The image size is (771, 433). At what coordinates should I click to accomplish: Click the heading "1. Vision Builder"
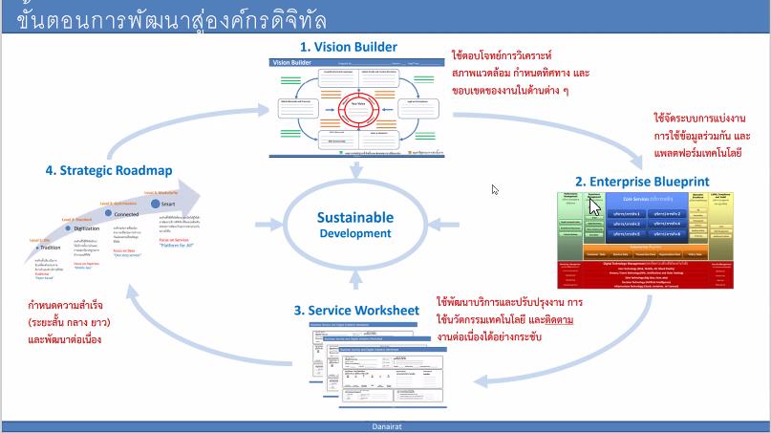tap(349, 46)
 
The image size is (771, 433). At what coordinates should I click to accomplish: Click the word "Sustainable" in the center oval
tap(355, 218)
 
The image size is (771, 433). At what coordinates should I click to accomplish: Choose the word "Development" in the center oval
tap(355, 233)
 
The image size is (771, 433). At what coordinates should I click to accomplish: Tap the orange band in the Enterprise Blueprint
tap(645, 246)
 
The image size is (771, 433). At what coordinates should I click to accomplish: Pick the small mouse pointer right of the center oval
tap(495, 189)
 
